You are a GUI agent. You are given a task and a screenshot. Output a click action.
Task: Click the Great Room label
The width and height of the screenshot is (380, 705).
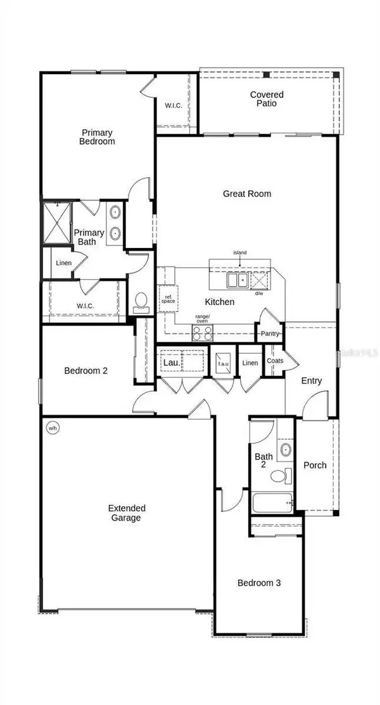(247, 194)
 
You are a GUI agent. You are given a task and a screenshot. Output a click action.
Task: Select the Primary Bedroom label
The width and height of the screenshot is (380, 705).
(97, 137)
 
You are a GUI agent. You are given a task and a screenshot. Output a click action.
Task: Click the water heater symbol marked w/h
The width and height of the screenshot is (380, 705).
(52, 428)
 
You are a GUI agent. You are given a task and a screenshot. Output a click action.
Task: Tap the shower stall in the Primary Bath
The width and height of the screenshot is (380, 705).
(57, 222)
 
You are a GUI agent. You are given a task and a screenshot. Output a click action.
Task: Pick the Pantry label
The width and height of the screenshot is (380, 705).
(268, 334)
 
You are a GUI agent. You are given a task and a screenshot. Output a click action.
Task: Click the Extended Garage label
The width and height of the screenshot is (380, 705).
(127, 513)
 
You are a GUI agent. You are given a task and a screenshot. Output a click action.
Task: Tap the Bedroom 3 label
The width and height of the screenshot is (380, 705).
(258, 583)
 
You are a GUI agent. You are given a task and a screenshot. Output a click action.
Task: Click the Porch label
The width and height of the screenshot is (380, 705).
(315, 465)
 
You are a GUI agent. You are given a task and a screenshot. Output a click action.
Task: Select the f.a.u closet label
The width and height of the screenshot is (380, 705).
(222, 363)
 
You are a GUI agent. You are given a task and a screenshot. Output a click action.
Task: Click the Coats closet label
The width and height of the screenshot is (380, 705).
(275, 361)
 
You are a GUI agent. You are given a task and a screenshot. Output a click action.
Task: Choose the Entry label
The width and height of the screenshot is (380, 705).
(312, 381)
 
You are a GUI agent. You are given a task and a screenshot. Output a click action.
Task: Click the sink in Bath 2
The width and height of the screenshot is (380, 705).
(286, 451)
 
